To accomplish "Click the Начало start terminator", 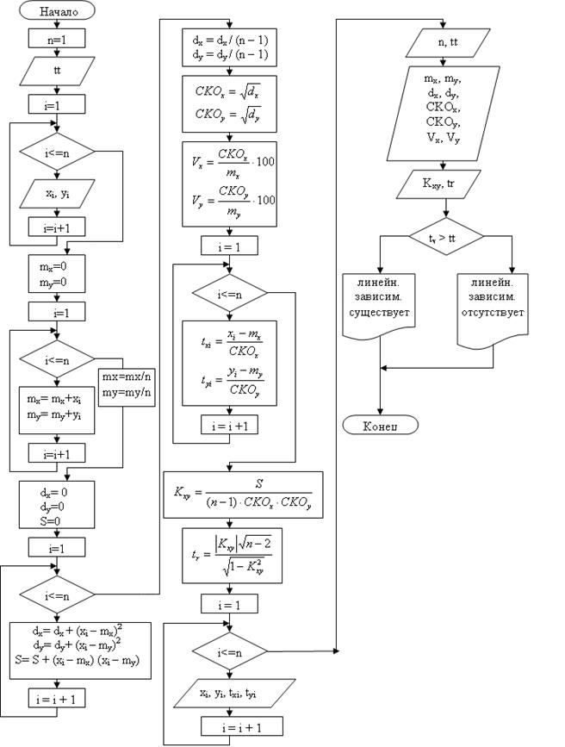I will point(58,12).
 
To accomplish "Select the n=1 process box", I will point(57,39).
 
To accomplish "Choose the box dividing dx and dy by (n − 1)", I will point(228,47).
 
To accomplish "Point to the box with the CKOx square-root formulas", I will point(228,102).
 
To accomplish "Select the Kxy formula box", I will point(244,495).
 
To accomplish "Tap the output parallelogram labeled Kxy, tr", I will point(445,184).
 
